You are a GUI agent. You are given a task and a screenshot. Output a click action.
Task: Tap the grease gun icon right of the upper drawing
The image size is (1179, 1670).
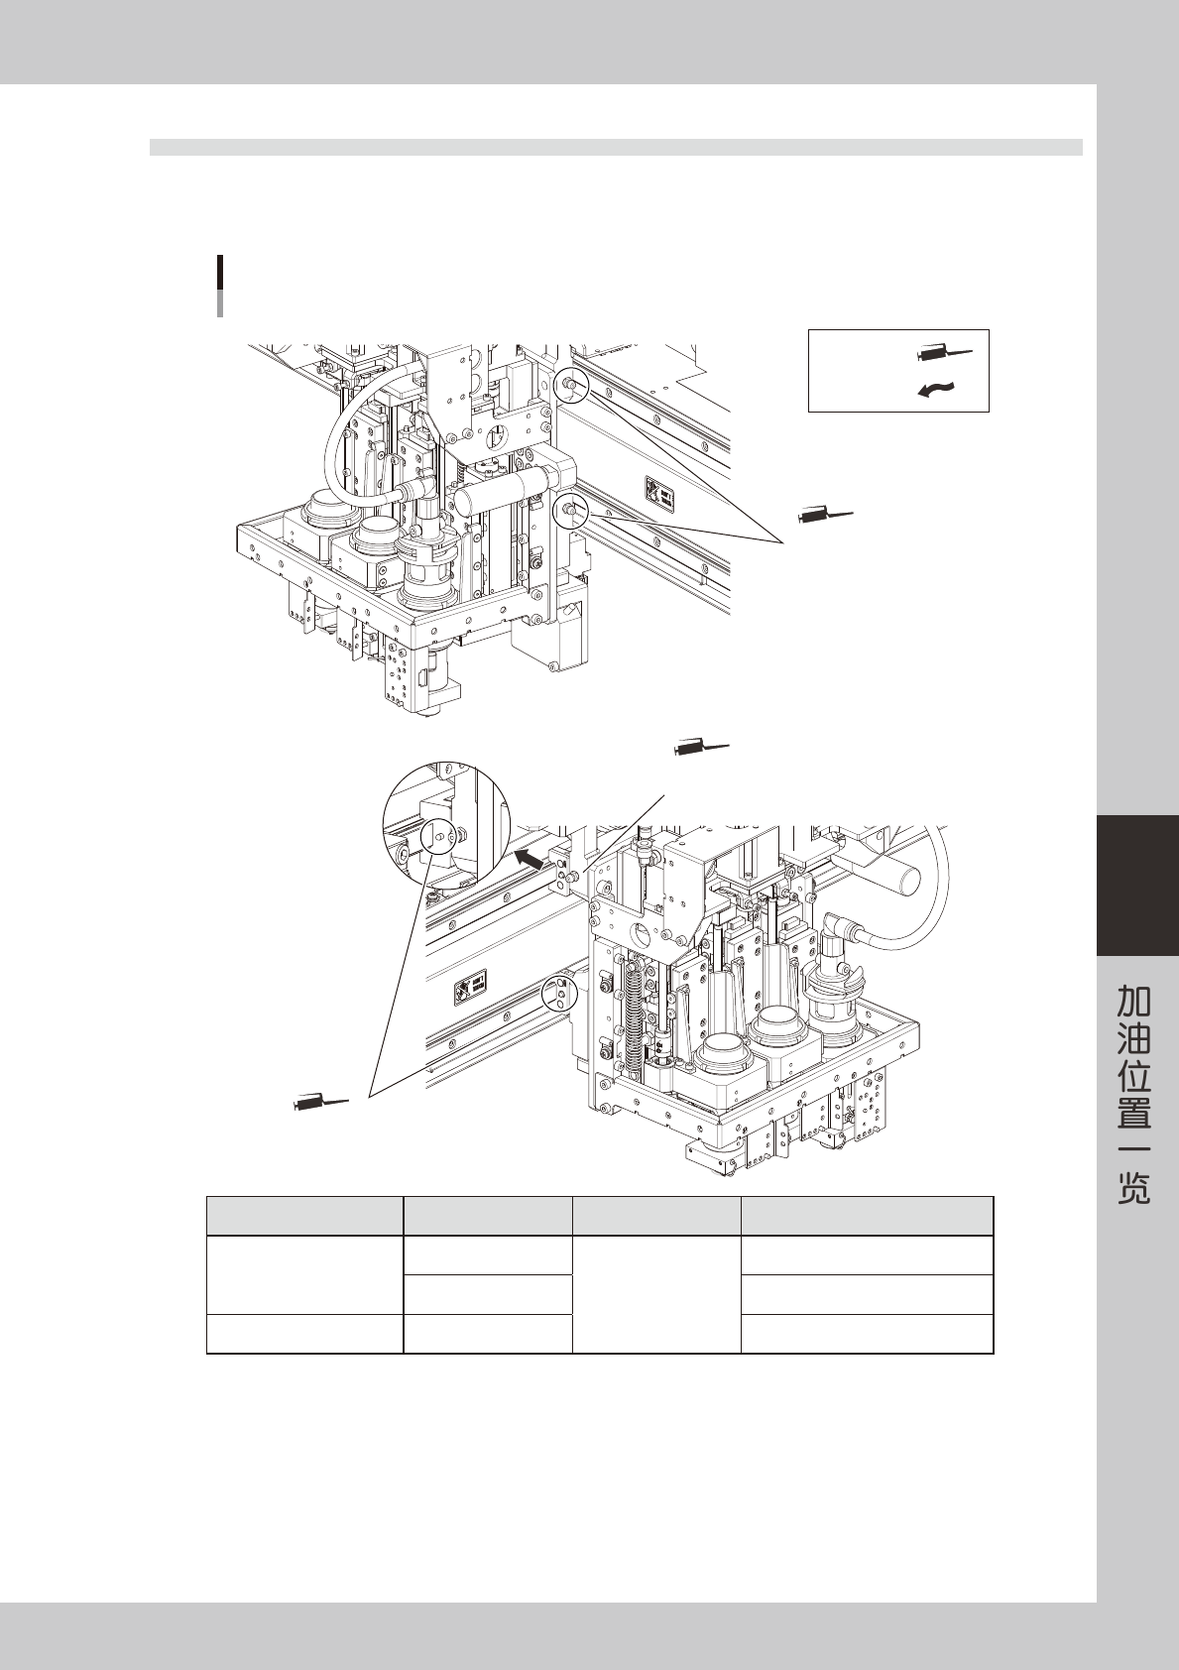click(x=825, y=515)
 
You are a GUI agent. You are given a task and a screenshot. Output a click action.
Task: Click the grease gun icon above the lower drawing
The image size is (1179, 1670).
click(x=701, y=746)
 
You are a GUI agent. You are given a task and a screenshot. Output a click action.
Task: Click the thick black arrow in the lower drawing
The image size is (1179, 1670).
click(x=533, y=858)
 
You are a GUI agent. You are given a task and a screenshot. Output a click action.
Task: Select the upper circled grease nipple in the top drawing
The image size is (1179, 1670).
click(x=572, y=386)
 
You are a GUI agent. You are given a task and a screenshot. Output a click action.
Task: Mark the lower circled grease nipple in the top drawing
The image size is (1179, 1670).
click(x=572, y=511)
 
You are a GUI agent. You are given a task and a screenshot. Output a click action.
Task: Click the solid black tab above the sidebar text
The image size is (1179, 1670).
click(x=1137, y=885)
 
